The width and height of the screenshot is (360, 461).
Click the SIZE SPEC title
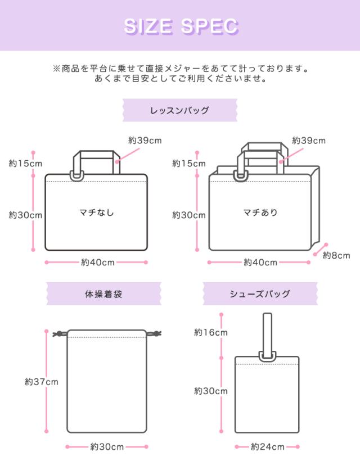(180, 26)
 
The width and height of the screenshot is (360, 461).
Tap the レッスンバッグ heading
(180, 110)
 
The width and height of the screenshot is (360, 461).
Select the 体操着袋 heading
(103, 293)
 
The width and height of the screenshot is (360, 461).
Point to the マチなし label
(96, 213)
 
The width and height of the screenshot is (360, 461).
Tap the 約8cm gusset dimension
(336, 255)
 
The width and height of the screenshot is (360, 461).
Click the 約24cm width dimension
(268, 447)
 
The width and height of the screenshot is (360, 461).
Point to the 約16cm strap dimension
(211, 332)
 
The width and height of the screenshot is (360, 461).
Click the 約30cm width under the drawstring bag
(107, 447)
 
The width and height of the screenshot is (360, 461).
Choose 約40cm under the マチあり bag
(260, 262)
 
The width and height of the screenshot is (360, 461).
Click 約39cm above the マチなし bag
(145, 141)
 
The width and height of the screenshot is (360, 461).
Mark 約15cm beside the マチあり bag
(189, 164)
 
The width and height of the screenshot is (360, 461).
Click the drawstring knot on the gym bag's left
(56, 334)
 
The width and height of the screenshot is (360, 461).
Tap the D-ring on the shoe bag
(267, 356)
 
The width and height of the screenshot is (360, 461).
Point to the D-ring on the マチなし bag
(76, 176)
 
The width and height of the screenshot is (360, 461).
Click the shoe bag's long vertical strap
(267, 332)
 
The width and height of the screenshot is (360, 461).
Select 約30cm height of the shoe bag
(211, 391)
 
